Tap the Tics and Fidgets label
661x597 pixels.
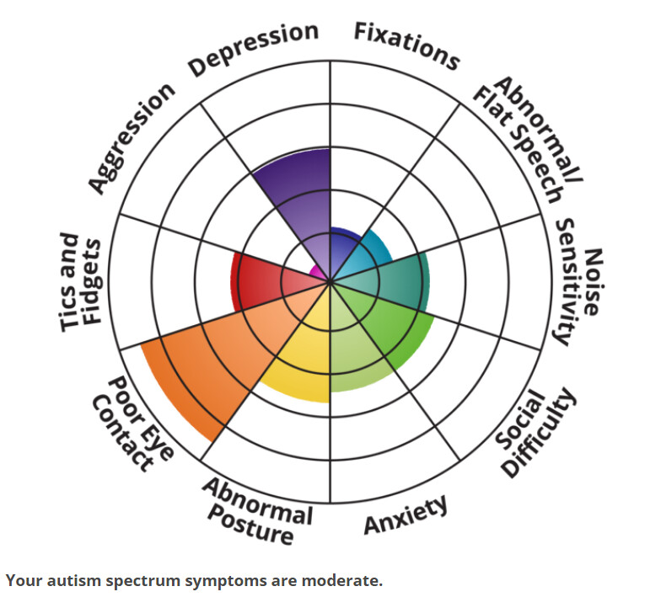tap(83, 282)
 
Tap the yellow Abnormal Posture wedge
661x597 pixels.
tap(295, 362)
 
